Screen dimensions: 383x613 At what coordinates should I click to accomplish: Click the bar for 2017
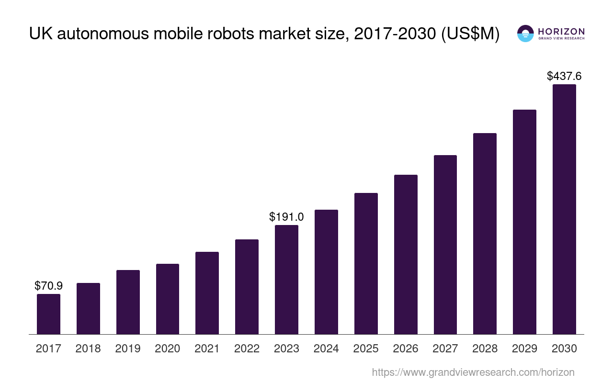pyautogui.click(x=48, y=314)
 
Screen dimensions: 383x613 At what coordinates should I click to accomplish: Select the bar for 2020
pyautogui.click(x=168, y=299)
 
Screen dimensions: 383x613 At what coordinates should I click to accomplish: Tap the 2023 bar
pyautogui.click(x=286, y=280)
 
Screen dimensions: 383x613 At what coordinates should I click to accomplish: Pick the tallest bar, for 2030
pyautogui.click(x=564, y=209)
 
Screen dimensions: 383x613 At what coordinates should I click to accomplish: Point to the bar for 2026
pyautogui.click(x=406, y=254)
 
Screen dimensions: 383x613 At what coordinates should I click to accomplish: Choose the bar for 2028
pyautogui.click(x=485, y=234)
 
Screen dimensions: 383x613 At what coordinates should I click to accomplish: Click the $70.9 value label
pyautogui.click(x=48, y=286)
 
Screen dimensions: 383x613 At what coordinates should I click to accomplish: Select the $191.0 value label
pyautogui.click(x=286, y=217)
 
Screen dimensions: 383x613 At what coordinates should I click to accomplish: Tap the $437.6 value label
pyautogui.click(x=564, y=76)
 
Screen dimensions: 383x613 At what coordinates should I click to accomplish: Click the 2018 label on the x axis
pyautogui.click(x=88, y=349)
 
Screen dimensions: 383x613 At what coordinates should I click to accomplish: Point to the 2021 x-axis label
pyautogui.click(x=207, y=349)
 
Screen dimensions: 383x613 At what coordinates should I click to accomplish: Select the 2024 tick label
pyautogui.click(x=326, y=349)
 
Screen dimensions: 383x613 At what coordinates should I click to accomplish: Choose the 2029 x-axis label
pyautogui.click(x=524, y=349)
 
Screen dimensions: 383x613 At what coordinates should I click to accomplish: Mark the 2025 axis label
pyautogui.click(x=366, y=349)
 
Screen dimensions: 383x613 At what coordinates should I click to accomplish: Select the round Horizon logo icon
pyautogui.click(x=525, y=34)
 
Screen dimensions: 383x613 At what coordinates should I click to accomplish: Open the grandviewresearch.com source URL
pyautogui.click(x=473, y=372)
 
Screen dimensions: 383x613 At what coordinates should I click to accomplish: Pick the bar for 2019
pyautogui.click(x=128, y=302)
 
